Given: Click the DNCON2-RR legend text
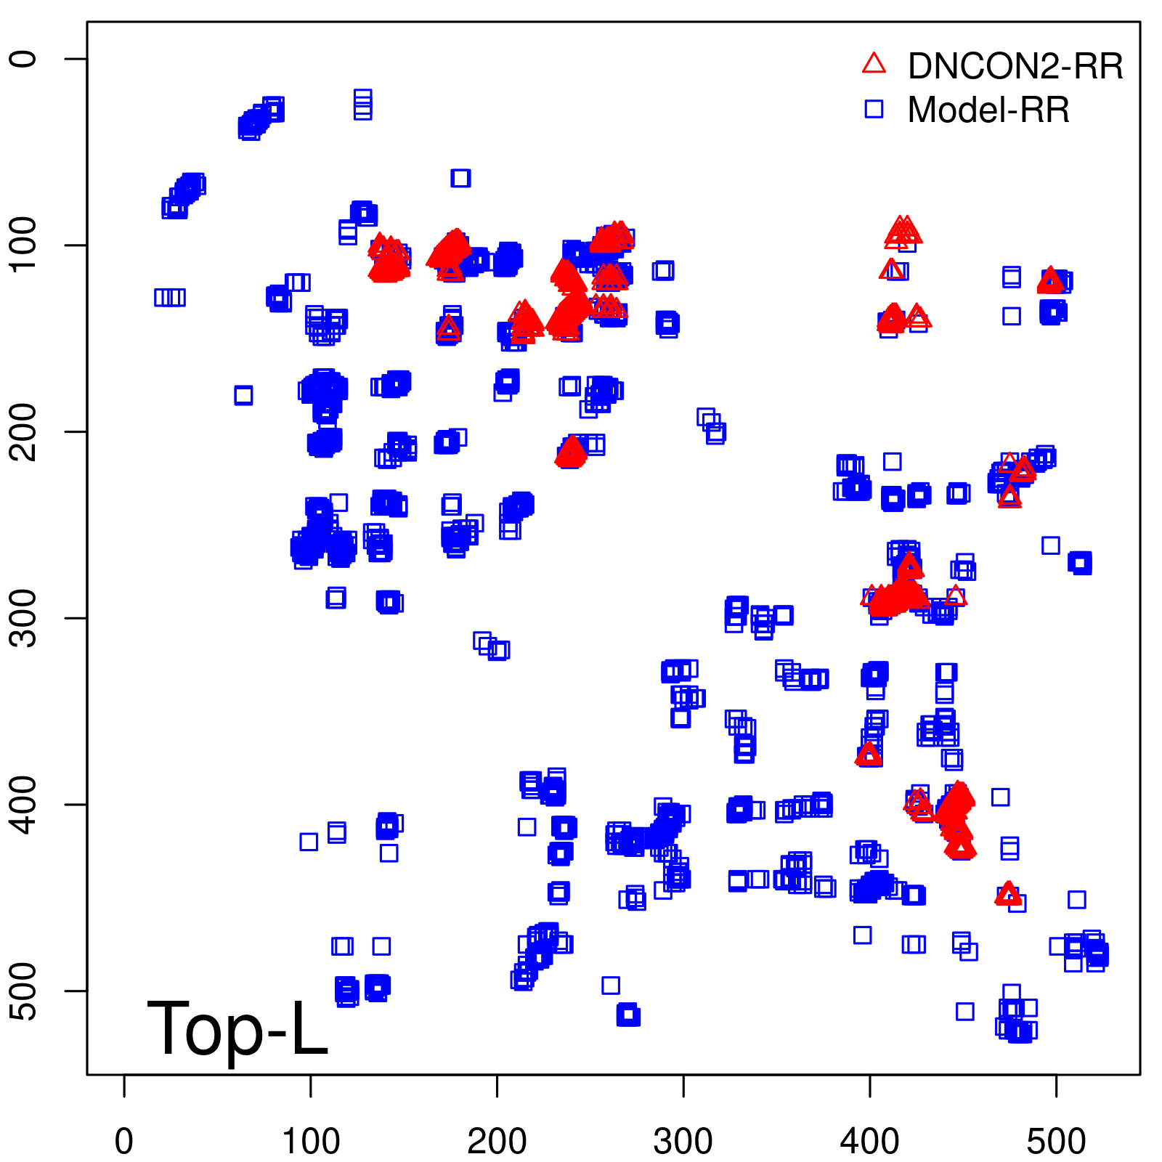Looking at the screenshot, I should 1015,67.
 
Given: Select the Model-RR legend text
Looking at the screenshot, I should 988,110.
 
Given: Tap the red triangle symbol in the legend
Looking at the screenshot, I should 874,64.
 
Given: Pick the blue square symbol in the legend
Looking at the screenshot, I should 874,109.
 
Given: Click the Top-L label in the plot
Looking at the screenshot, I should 237,1028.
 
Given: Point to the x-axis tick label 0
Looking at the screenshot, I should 124,1142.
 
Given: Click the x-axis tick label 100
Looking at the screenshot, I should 311,1142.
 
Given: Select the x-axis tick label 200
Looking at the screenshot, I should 497,1142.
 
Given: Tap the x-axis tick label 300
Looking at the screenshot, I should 683,1142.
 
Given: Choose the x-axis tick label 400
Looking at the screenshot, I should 869,1142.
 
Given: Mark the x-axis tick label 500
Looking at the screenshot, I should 1056,1142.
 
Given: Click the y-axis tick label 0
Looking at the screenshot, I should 25,59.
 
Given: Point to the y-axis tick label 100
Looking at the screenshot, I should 25,245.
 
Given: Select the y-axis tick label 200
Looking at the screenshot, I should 25,431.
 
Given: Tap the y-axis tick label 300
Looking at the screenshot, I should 25,618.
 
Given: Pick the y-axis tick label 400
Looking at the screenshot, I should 25,804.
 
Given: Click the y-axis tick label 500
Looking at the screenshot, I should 25,991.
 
